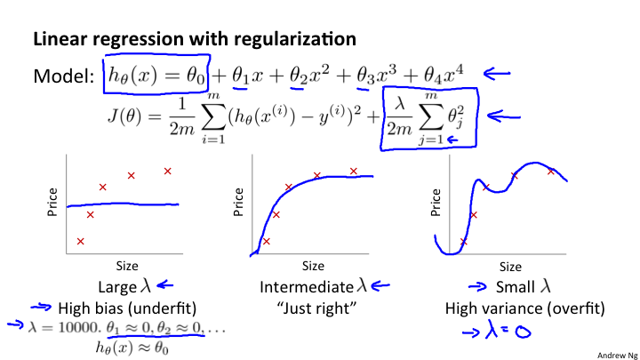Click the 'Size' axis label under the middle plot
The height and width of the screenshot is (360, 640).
coord(311,265)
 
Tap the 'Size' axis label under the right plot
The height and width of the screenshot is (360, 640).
coord(509,265)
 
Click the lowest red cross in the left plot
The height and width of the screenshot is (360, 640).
coord(81,241)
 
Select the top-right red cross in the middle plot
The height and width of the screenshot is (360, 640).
coord(354,171)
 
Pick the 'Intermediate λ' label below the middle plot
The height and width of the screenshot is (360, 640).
coord(312,287)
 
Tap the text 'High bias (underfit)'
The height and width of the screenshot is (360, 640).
coord(121,309)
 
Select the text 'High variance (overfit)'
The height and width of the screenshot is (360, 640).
coord(524,309)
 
